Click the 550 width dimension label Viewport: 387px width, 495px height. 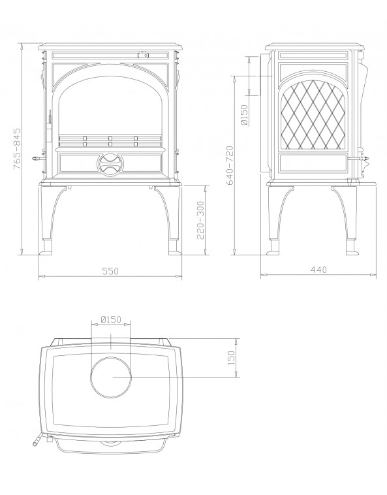pos(110,270)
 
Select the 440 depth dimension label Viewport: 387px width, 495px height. pos(319,270)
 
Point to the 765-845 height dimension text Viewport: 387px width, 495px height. pos(17,148)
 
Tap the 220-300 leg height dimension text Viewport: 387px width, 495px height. pos(200,220)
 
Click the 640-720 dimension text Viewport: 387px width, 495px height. pos(230,165)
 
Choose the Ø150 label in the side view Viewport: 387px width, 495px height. pos(245,114)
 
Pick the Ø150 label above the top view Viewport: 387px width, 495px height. pos(111,319)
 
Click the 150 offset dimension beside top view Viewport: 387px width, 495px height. pos(231,358)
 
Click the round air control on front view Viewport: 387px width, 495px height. pos(110,164)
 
